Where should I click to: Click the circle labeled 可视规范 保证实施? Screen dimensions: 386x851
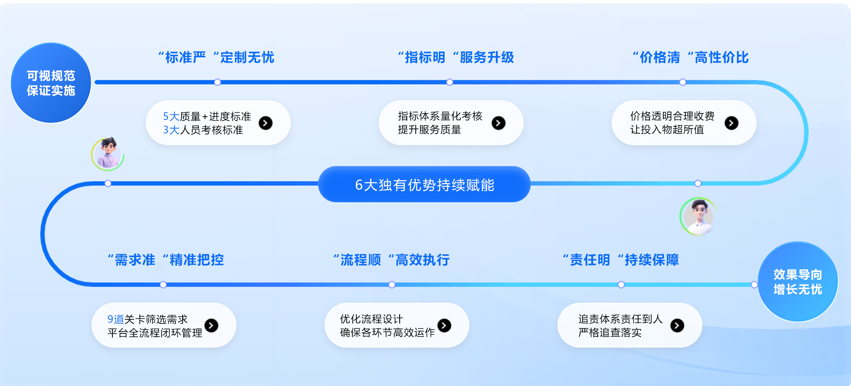click(51, 83)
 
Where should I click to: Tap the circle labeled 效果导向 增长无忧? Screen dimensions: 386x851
click(798, 282)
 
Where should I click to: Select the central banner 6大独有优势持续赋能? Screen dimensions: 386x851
click(424, 185)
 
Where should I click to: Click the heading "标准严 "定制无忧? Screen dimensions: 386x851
click(216, 58)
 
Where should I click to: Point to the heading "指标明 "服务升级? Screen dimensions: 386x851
click(456, 58)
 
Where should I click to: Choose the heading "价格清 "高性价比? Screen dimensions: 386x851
click(691, 58)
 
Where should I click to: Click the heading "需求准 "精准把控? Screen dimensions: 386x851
click(166, 260)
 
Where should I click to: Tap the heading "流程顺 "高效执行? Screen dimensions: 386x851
click(391, 260)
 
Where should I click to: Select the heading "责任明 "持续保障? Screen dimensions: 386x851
click(621, 260)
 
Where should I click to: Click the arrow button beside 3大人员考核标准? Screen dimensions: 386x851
click(266, 123)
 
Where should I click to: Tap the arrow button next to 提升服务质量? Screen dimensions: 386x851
click(499, 123)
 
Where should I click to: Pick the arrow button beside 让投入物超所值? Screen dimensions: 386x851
click(731, 123)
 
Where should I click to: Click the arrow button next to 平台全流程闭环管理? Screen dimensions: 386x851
click(211, 326)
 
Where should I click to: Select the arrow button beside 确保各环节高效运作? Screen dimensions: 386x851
click(444, 326)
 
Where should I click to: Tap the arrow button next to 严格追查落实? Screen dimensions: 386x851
click(677, 326)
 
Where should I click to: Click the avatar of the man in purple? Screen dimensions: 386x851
click(108, 154)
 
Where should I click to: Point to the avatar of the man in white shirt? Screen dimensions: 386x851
click(699, 216)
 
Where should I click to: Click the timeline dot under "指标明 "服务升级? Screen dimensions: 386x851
click(450, 82)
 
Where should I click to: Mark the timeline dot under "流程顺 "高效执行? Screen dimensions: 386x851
click(392, 285)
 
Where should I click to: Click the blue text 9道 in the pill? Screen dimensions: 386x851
click(116, 319)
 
